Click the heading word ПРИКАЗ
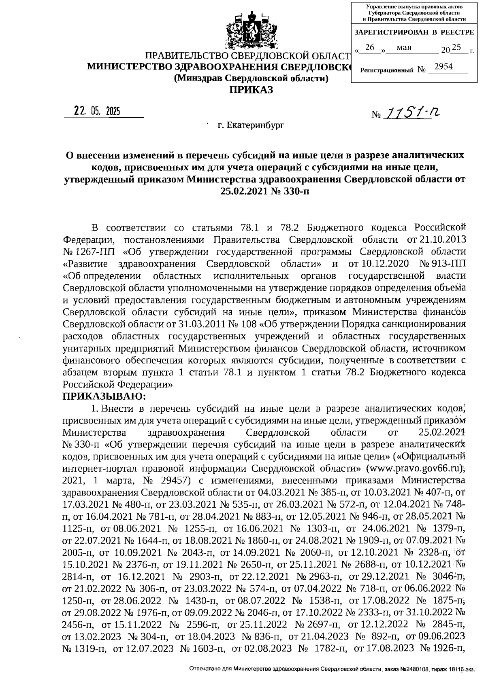click(x=251, y=90)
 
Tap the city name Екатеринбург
click(x=251, y=125)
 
